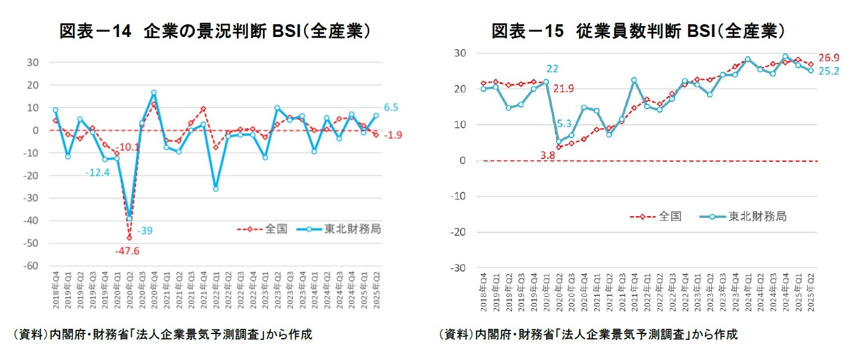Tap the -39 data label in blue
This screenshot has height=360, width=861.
(145, 231)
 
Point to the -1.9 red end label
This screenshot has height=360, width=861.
(395, 135)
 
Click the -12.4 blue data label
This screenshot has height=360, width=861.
(98, 173)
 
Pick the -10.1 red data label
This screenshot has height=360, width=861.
(128, 147)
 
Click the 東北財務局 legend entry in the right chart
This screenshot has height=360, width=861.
(757, 217)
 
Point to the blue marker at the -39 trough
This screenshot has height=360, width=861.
(129, 218)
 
